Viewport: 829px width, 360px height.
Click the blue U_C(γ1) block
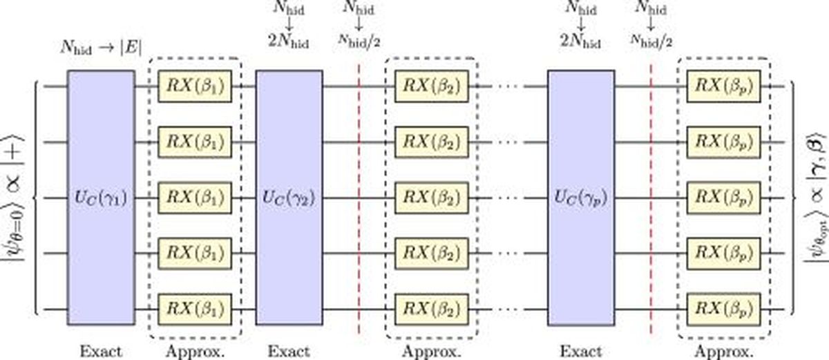click(101, 198)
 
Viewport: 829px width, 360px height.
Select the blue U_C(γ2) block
click(289, 198)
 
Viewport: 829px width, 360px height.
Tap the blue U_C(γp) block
click(581, 198)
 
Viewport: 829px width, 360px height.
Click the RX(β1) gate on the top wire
click(195, 86)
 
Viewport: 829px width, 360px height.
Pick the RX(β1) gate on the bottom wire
click(195, 310)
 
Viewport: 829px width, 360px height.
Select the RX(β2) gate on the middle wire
click(432, 198)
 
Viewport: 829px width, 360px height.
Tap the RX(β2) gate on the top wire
click(432, 86)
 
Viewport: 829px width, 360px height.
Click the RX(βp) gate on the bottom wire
click(724, 310)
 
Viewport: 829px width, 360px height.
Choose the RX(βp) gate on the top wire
click(724, 86)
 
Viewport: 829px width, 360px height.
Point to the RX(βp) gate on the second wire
click(724, 142)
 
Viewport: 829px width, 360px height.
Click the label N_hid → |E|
click(101, 48)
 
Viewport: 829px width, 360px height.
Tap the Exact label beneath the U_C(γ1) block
click(101, 351)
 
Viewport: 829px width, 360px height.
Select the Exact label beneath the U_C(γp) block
click(581, 351)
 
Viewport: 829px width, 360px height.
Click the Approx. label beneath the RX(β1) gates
click(195, 352)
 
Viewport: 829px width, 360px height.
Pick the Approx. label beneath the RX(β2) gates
click(432, 352)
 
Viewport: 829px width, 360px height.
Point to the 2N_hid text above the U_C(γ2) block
click(288, 41)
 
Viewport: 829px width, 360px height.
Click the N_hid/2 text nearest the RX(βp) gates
click(651, 40)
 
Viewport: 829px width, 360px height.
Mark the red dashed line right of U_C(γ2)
click(359, 200)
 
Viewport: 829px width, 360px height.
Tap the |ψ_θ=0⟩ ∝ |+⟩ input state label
click(13, 198)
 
